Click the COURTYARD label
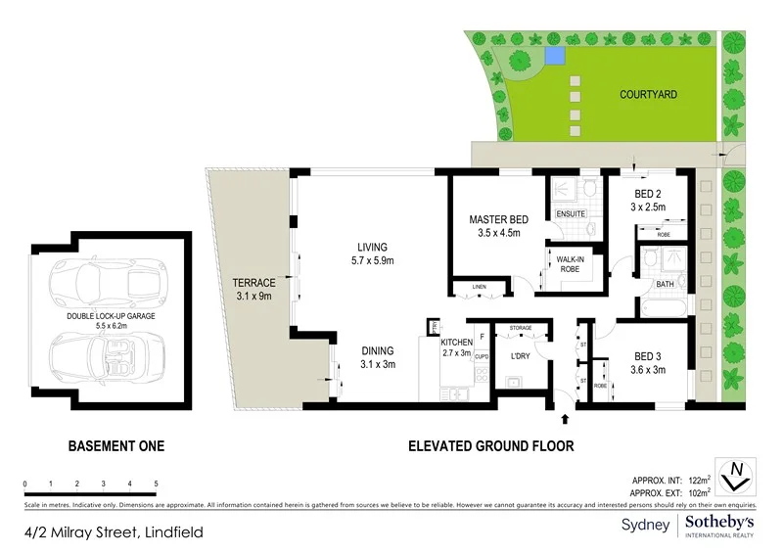[649, 95]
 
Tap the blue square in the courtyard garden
[555, 57]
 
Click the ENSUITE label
[571, 213]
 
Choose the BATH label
[666, 285]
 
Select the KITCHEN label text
[457, 342]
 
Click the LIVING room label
[372, 247]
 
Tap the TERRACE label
[253, 284]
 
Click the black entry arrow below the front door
[566, 419]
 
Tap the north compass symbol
[734, 475]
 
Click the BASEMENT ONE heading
[115, 446]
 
